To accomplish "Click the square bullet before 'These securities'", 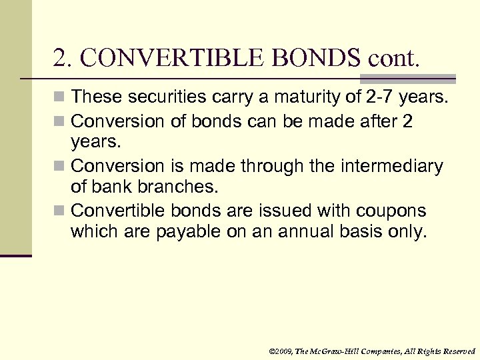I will click(x=61, y=97).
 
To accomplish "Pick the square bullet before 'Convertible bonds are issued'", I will click(x=61, y=211).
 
